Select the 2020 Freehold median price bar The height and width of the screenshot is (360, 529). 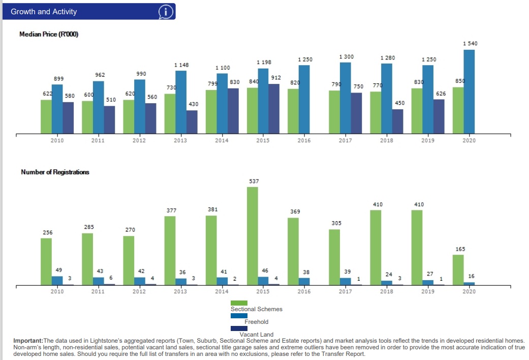[469, 92]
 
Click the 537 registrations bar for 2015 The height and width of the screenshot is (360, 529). [253, 236]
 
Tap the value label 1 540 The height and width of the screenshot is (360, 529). [470, 44]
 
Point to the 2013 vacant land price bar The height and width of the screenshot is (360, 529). [192, 122]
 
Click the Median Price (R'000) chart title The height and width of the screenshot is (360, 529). [49, 34]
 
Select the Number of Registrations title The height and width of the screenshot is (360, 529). [55, 172]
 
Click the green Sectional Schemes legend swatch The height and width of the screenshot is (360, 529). [239, 303]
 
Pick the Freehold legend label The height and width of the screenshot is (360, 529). [256, 322]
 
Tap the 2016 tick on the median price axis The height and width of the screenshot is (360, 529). [304, 141]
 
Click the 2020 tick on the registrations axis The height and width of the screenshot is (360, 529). [469, 292]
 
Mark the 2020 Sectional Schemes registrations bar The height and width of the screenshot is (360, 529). [458, 270]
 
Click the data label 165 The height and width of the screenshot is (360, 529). [460, 249]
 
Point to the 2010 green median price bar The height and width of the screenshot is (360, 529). [46, 116]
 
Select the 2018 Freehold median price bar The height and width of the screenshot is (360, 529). [387, 98]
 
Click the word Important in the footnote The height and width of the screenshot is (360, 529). [28, 340]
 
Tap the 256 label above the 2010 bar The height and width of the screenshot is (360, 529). [47, 232]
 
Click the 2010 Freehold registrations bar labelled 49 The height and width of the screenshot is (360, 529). [57, 281]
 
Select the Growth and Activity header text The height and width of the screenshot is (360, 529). [44, 12]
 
